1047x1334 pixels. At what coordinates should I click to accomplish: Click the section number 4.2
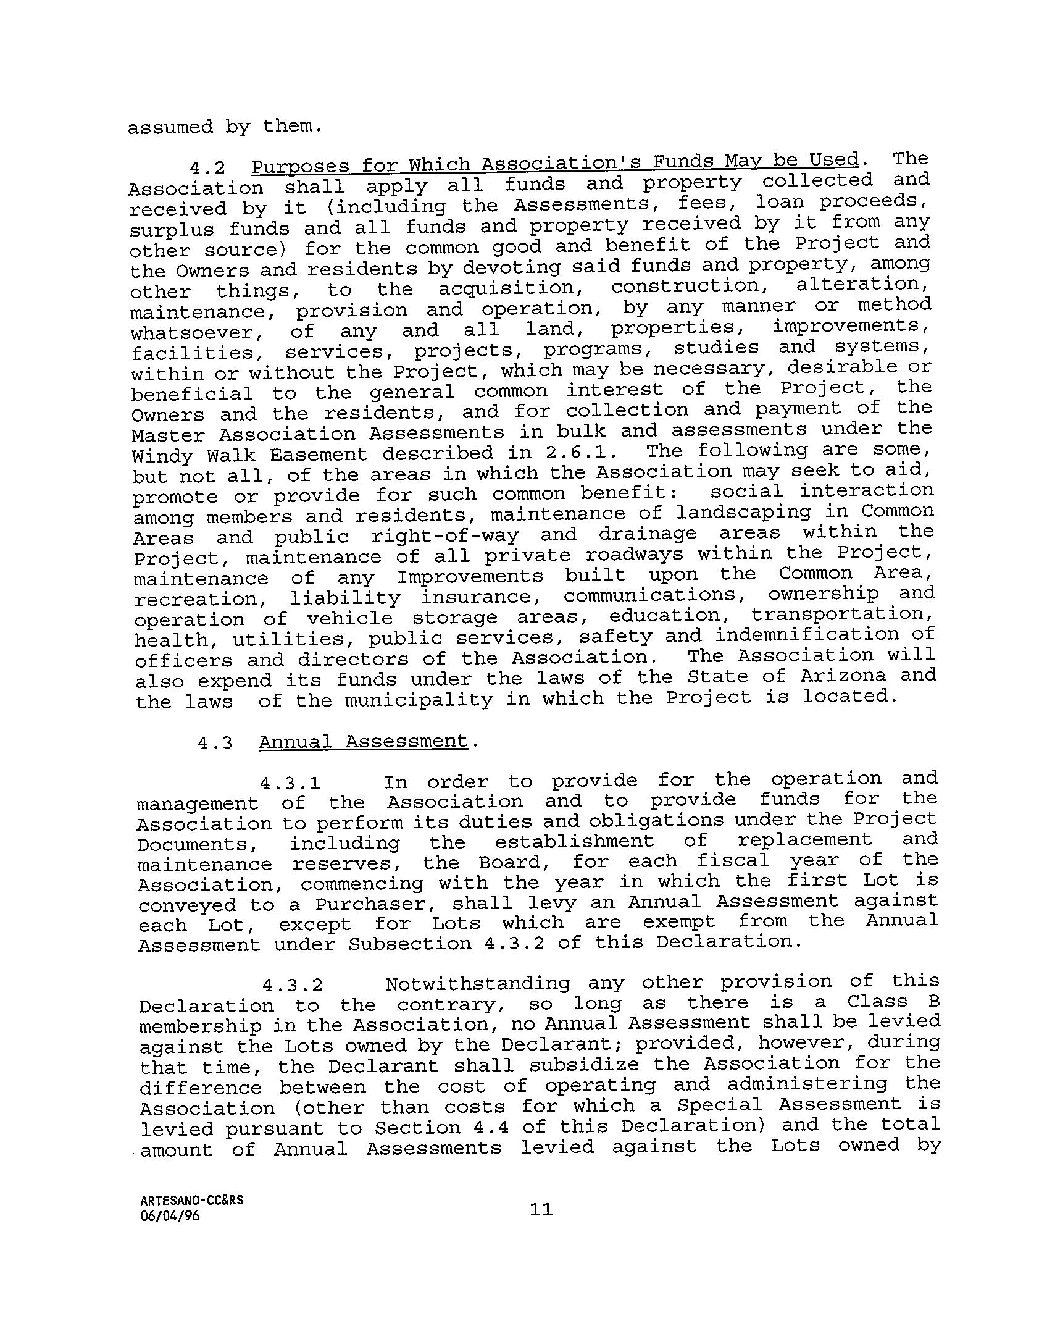click(x=207, y=168)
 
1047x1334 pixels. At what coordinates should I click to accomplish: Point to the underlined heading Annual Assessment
click(x=363, y=741)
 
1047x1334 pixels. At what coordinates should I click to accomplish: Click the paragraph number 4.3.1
click(x=290, y=784)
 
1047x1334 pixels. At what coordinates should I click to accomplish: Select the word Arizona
click(x=843, y=677)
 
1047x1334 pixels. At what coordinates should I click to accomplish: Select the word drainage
click(x=648, y=534)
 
